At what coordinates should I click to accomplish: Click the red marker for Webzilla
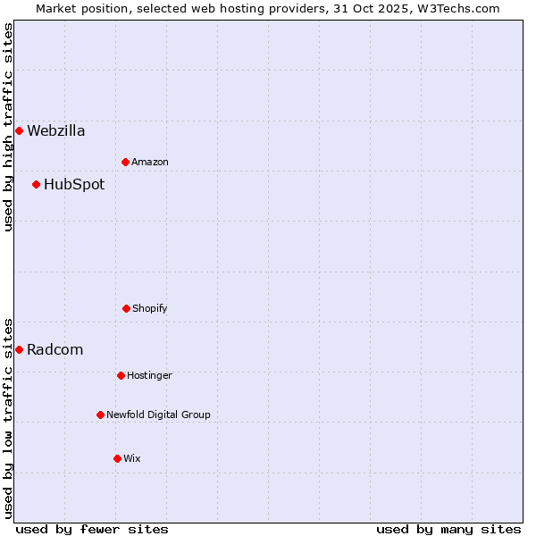coord(19,131)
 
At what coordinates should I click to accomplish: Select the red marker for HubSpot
coord(36,185)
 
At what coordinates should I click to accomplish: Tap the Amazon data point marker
coord(125,162)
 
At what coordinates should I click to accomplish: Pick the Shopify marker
coord(126,308)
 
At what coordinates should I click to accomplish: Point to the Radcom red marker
coord(19,349)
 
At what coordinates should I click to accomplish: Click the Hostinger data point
coord(121,375)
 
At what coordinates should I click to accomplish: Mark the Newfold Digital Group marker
coord(100,415)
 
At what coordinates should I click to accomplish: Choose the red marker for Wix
coord(117,458)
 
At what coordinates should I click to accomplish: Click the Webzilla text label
coord(56,131)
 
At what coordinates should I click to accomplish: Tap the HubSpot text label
coord(74,185)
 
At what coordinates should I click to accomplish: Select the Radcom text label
coord(55,350)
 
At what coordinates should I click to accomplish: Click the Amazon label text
coord(150,162)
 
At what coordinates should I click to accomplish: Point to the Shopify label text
coord(150,308)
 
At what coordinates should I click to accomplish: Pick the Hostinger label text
coord(149,375)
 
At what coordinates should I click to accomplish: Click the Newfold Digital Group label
coord(159,415)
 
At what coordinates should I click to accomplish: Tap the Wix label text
coord(132,458)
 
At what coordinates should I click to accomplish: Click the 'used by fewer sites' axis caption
coord(92,529)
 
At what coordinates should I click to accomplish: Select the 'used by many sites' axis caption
coord(448,529)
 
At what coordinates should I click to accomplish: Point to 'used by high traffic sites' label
coord(8,127)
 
